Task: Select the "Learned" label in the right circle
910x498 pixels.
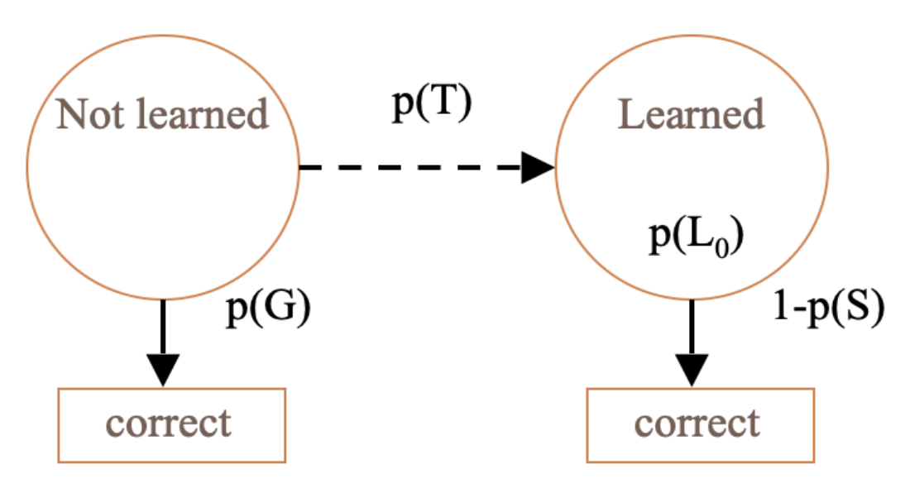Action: pyautogui.click(x=692, y=114)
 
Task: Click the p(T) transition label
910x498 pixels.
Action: pyautogui.click(x=431, y=107)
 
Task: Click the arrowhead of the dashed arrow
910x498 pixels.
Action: pyautogui.click(x=539, y=170)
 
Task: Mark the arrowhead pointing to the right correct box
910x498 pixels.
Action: pyautogui.click(x=691, y=369)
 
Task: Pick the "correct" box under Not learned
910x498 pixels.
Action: pyautogui.click(x=171, y=424)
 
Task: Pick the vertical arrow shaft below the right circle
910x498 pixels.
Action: pyautogui.click(x=691, y=327)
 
